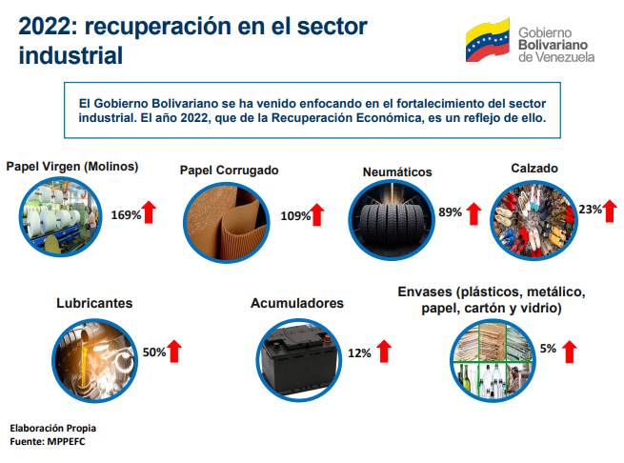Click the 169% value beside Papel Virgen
click(x=126, y=214)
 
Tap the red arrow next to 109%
click(x=317, y=215)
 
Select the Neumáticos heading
click(x=397, y=172)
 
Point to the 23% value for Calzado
click(x=590, y=209)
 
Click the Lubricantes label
click(x=94, y=303)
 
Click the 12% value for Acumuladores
click(x=359, y=352)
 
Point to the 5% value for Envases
click(x=548, y=349)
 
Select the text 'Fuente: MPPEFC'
click(x=47, y=442)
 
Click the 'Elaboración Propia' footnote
click(x=53, y=428)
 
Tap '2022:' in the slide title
click(x=50, y=28)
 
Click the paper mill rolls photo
click(x=62, y=215)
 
